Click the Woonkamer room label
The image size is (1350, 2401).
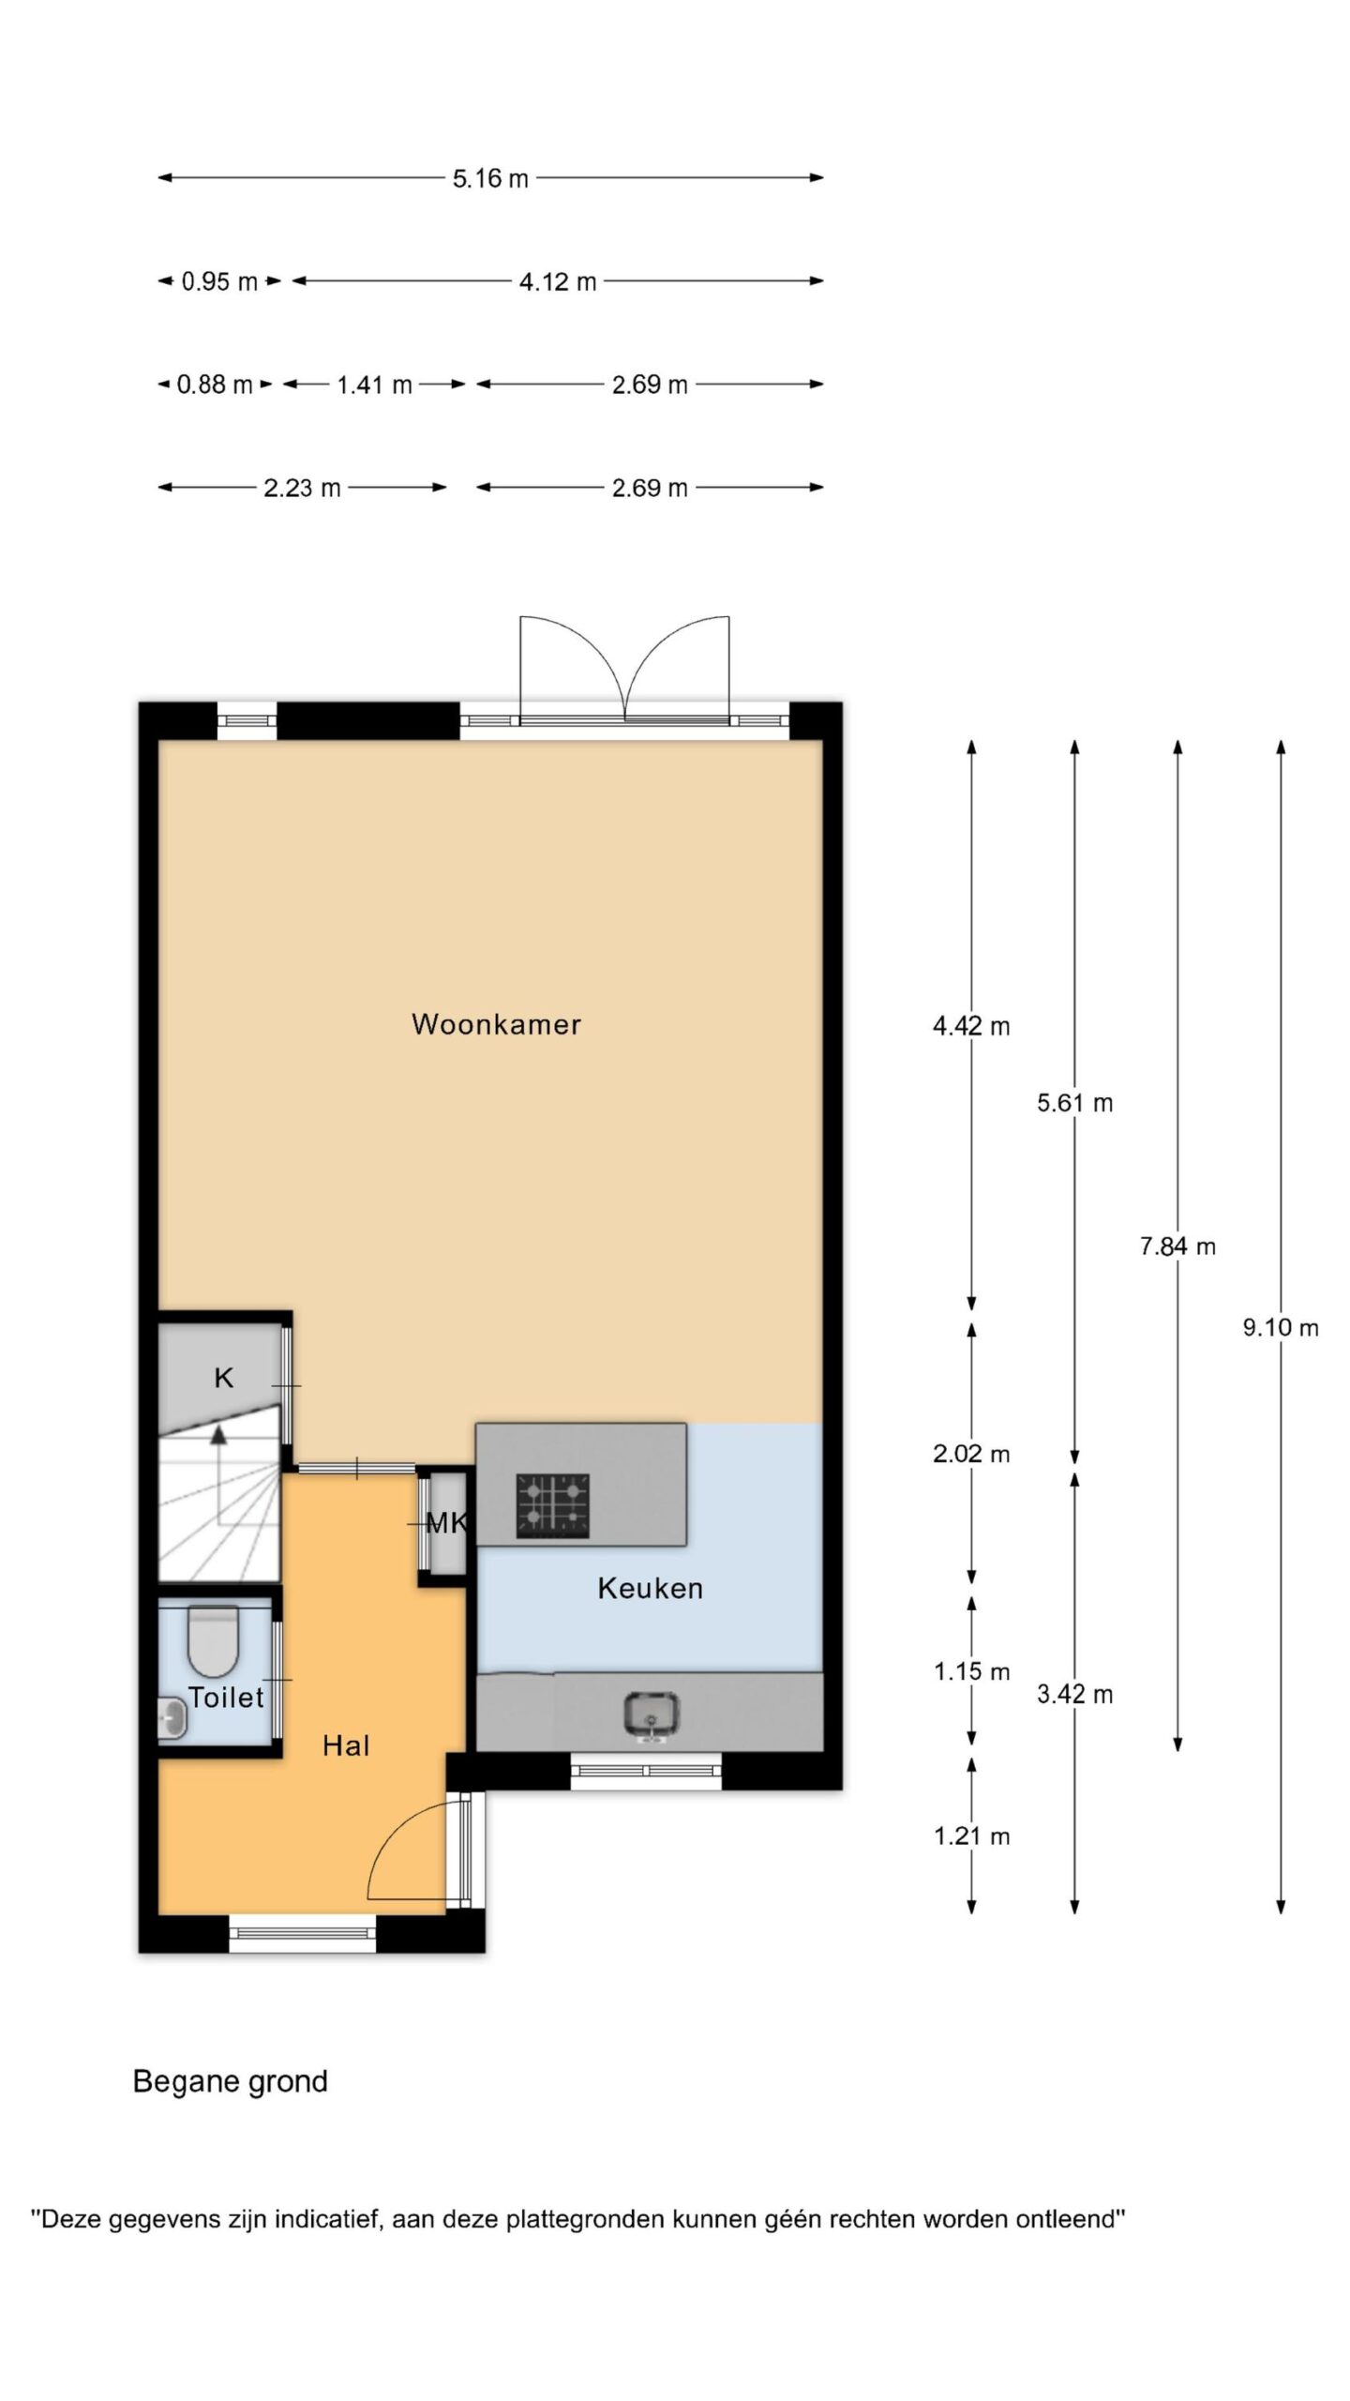496,1023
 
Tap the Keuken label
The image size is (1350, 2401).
650,1588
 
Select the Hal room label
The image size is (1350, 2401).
346,1745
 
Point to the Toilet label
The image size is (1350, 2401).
226,1697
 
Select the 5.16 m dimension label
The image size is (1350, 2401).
490,178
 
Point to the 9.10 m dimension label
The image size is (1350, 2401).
1281,1327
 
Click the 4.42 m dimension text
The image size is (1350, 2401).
971,1026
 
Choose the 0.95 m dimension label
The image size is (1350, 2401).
219,281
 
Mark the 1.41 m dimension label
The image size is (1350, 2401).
374,385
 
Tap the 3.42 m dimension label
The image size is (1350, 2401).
1075,1694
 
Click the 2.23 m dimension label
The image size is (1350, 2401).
302,488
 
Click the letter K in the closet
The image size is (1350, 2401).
223,1378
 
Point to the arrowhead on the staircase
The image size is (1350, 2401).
218,1433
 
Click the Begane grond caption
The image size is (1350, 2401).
231,2081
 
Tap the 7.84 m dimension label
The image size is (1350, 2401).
1177,1246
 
